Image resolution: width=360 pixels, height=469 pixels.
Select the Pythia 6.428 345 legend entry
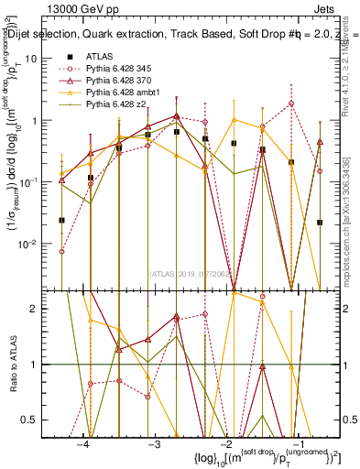(124, 68)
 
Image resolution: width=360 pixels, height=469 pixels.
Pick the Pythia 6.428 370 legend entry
(124, 81)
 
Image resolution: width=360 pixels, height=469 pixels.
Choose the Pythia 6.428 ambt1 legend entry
(125, 93)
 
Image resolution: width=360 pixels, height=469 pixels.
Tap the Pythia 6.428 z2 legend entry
(121, 106)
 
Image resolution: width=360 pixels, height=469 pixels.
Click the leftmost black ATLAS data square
(61, 220)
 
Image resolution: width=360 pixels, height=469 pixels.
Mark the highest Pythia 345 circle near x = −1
(291, 104)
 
